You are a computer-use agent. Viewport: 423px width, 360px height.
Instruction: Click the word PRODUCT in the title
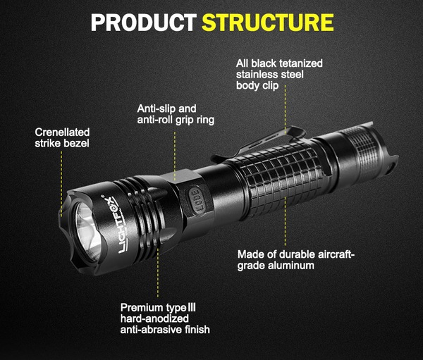pyautogui.click(x=142, y=23)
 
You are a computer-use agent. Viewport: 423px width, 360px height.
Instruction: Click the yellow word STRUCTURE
pyautogui.click(x=268, y=23)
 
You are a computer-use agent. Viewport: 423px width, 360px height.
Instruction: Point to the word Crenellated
pyautogui.click(x=62, y=132)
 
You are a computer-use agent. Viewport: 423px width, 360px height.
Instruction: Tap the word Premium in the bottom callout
pyautogui.click(x=142, y=307)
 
